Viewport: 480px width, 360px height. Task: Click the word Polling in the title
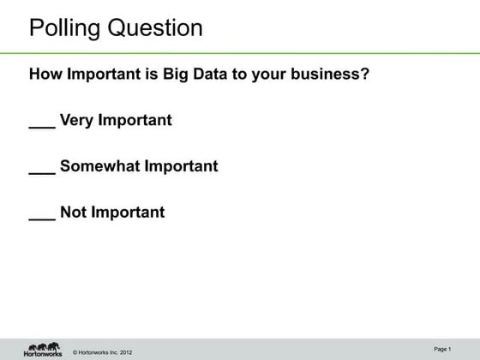pyautogui.click(x=65, y=28)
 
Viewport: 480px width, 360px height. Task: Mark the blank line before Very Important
pyautogui.click(x=42, y=126)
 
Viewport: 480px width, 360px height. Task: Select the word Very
pyautogui.click(x=76, y=120)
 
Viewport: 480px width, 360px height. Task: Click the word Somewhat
pyautogui.click(x=99, y=166)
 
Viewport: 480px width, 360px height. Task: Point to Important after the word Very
pyautogui.click(x=135, y=120)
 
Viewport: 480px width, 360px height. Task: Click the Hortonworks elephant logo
pyautogui.click(x=42, y=348)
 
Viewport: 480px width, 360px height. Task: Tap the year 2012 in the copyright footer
pyautogui.click(x=124, y=352)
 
